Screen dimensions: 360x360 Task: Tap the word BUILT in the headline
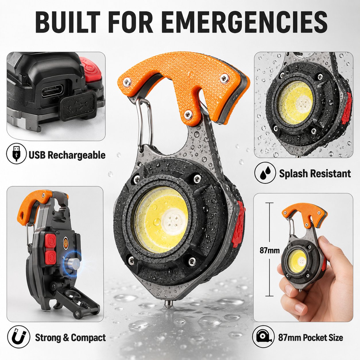68,22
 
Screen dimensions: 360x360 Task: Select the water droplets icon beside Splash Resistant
265,173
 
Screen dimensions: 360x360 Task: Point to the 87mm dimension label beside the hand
270,250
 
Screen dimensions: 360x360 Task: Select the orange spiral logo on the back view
66,241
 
